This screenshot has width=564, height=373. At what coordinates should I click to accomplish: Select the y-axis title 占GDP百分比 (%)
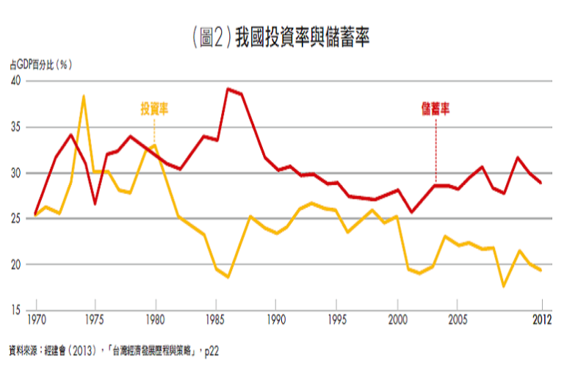coord(40,65)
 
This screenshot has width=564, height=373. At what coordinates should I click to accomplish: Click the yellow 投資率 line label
coord(155,109)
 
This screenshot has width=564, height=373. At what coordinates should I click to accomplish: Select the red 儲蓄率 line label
coord(435,109)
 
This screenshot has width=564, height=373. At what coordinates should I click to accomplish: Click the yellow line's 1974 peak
coord(84,96)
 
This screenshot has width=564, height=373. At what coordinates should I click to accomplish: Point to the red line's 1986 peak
coord(228,89)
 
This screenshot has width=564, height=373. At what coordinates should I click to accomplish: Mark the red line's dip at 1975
coord(95,203)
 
